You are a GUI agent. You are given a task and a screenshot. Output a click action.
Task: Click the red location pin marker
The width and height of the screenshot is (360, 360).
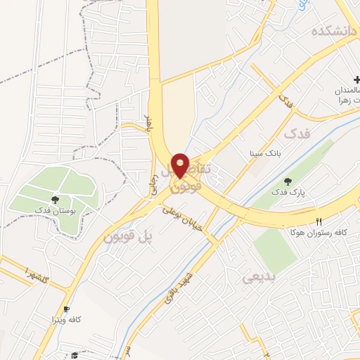coord(180,165)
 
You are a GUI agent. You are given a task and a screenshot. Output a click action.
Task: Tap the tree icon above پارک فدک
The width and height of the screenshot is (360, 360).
coord(288,181)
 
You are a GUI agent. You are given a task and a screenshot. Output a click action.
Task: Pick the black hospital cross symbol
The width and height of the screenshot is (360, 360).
coord(356,81)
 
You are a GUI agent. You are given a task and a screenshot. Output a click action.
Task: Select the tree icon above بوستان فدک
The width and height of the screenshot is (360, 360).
coord(55,199)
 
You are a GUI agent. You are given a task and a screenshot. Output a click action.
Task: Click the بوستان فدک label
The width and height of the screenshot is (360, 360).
coord(54,210)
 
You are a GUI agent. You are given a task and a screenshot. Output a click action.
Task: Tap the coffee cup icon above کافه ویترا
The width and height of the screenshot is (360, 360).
coord(67,309)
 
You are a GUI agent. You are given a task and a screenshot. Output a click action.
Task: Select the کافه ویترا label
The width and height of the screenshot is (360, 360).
coord(66,320)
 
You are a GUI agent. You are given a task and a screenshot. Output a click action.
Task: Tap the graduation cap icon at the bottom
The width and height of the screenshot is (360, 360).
coord(75,356)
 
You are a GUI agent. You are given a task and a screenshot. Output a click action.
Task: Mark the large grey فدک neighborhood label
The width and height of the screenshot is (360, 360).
coord(297,132)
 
